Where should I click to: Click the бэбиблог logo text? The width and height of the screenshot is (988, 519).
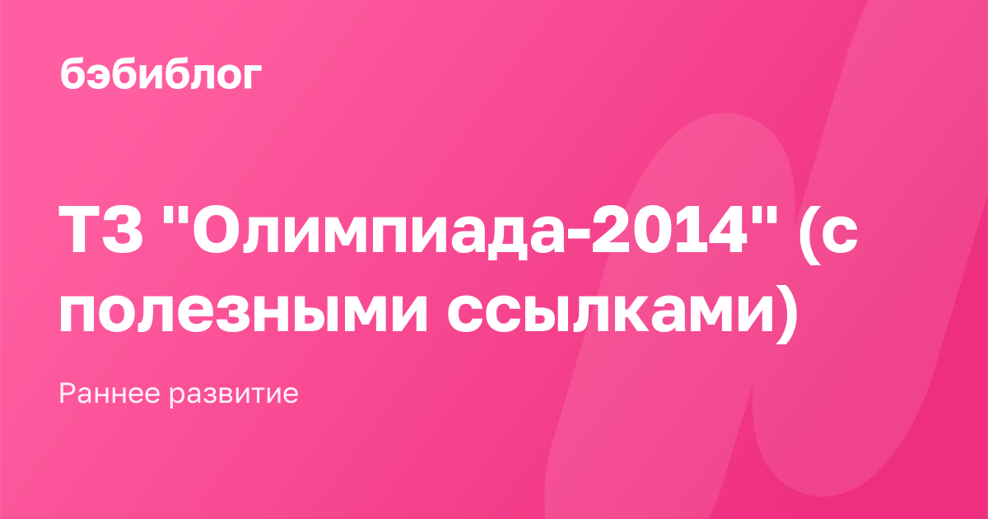pyautogui.click(x=161, y=73)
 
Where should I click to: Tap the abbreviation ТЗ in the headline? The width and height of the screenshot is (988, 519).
pyautogui.click(x=100, y=231)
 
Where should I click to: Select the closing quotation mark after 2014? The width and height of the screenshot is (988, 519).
pyautogui.click(x=765, y=215)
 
